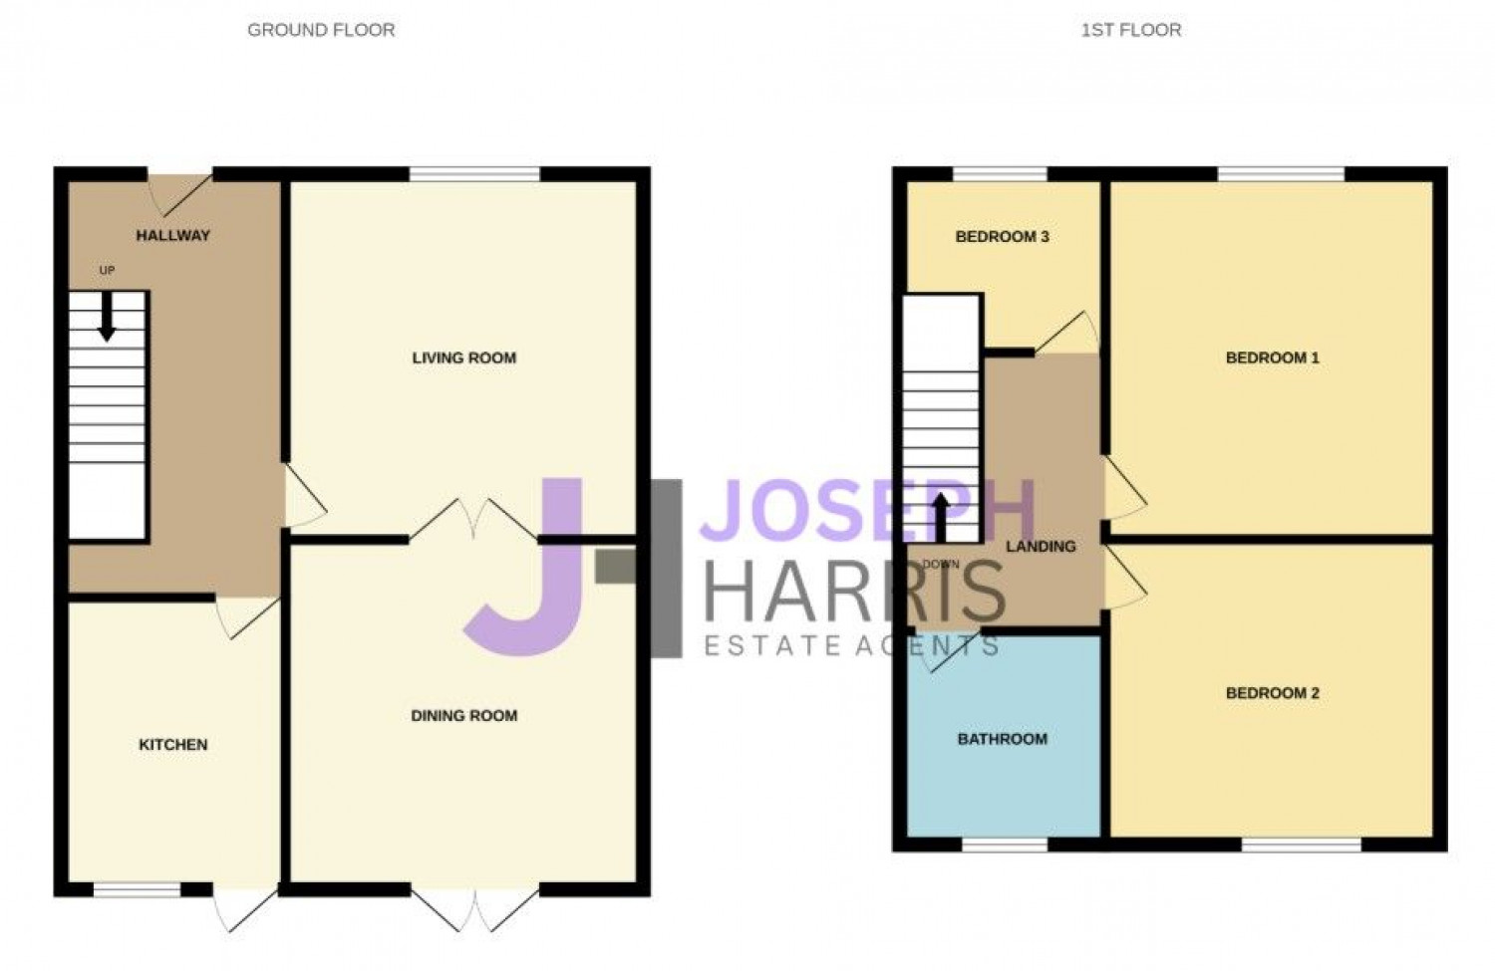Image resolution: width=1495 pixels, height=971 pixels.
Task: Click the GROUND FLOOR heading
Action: [321, 30]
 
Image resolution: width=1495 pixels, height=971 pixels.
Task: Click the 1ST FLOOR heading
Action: [1131, 30]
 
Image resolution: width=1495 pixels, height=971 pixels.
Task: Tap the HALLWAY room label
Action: [172, 235]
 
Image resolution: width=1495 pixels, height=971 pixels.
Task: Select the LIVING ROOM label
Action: [463, 359]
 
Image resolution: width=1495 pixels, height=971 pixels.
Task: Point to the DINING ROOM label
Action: [463, 716]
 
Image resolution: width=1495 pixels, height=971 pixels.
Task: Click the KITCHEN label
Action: [172, 744]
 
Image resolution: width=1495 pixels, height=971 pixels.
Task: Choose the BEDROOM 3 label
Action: [1002, 237]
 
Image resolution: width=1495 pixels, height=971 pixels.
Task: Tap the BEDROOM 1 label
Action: [1272, 359]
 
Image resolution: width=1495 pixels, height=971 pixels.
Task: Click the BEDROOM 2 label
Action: [1272, 693]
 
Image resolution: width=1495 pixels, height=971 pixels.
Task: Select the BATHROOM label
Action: [1002, 739]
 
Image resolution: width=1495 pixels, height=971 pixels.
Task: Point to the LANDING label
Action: [1041, 546]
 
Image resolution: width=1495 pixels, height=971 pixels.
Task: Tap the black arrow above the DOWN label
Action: [941, 518]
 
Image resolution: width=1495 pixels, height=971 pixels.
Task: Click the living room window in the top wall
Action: [474, 174]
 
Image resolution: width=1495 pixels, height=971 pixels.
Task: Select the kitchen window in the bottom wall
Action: [137, 889]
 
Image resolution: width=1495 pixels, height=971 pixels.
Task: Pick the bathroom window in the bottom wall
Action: [1005, 845]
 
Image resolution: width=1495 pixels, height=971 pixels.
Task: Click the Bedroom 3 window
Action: [1000, 174]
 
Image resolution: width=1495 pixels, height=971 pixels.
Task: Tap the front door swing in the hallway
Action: [180, 195]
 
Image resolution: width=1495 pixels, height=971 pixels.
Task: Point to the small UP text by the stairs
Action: [107, 270]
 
